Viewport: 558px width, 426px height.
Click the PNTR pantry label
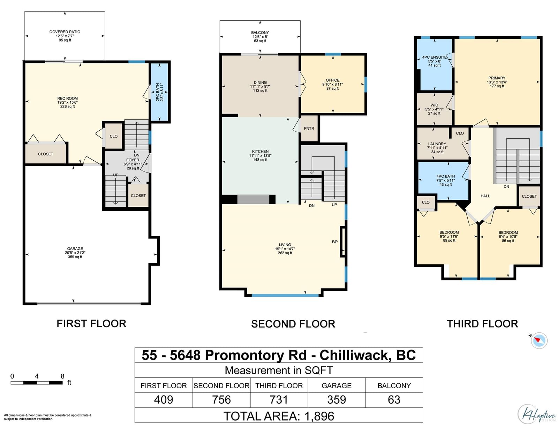(x=309, y=128)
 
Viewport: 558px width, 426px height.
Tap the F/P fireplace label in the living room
(x=335, y=242)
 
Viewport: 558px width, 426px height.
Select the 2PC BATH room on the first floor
(x=160, y=92)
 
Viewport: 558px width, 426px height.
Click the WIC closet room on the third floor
(x=434, y=109)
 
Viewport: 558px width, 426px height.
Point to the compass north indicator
(x=539, y=340)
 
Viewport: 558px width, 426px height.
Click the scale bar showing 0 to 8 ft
(x=37, y=383)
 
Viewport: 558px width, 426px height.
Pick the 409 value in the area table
(x=164, y=399)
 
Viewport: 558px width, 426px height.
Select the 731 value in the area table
(x=279, y=399)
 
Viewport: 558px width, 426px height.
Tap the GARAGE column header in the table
(x=337, y=385)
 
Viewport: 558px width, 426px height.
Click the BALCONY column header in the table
(x=394, y=385)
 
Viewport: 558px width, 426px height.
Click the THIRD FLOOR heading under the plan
(x=482, y=324)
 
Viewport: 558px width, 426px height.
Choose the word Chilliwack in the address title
(x=354, y=355)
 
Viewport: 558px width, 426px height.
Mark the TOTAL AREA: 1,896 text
(x=279, y=416)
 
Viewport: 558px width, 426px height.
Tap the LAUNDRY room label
(x=437, y=144)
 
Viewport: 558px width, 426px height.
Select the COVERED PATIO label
(x=65, y=32)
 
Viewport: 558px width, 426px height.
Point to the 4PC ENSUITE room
(x=434, y=64)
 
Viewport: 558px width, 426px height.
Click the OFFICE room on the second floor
(x=332, y=84)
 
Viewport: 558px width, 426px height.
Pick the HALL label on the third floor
(x=485, y=196)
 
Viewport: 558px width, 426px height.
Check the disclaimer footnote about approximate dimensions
(x=48, y=417)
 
